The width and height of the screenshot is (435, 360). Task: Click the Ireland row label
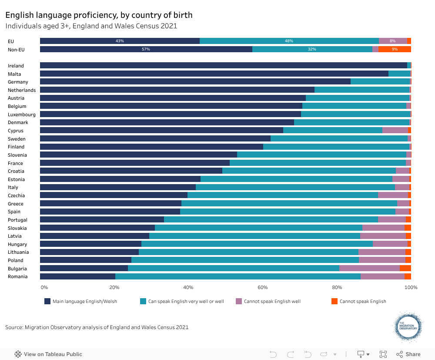point(16,66)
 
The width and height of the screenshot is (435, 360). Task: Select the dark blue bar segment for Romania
point(77,276)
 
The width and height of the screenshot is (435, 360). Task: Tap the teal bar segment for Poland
point(245,260)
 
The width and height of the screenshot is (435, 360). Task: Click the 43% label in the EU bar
point(120,41)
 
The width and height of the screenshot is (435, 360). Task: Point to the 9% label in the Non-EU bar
point(395,49)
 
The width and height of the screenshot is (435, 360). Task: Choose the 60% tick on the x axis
point(263,288)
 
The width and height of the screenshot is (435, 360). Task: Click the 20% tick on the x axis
point(114,288)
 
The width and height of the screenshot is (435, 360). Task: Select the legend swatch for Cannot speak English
point(335,301)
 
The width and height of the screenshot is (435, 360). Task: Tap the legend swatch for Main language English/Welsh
point(47,301)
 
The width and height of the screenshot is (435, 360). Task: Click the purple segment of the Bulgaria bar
point(369,268)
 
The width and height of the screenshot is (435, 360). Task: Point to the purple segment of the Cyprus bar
point(395,131)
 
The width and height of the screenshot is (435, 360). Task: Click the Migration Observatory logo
point(408,327)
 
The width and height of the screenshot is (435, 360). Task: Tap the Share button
point(408,354)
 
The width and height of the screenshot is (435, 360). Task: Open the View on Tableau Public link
point(48,354)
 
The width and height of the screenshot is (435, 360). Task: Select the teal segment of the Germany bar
point(380,82)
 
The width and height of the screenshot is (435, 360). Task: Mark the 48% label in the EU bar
point(289,41)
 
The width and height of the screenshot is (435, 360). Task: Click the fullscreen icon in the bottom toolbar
point(383,354)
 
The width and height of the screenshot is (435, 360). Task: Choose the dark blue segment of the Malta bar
point(214,74)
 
